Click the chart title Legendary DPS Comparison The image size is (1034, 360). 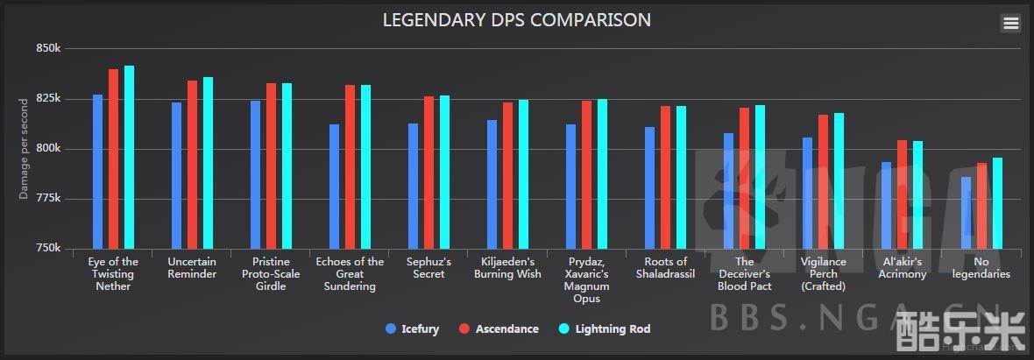coord(516,19)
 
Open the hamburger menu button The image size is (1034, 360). coord(1010,24)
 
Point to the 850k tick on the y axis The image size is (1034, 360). coord(48,48)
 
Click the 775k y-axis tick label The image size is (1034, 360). coord(48,199)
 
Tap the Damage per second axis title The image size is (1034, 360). coord(25,149)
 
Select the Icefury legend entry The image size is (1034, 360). coord(412,329)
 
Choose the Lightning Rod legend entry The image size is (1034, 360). coord(605,329)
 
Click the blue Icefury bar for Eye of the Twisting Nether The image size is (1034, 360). coord(97,172)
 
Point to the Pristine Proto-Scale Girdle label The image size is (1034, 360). coord(271,274)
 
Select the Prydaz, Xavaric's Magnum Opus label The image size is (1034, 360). coord(586,280)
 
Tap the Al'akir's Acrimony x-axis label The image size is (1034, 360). coord(903,268)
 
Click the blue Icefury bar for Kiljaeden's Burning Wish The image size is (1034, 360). coord(492,184)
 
